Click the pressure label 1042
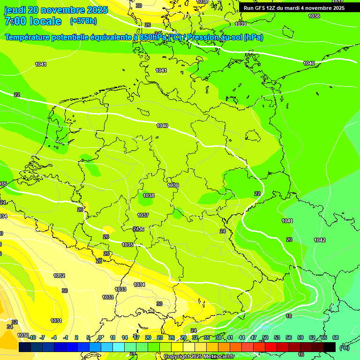[320, 240]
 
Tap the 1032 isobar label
[59, 276]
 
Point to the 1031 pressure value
[56, 321]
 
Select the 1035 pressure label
[127, 245]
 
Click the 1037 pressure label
[143, 215]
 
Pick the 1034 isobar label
[139, 285]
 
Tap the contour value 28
[99, 261]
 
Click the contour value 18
[289, 316]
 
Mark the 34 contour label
[9, 327]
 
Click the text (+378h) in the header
[83, 21]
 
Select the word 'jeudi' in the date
[15, 10]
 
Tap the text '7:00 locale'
[33, 21]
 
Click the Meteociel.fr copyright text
[198, 357]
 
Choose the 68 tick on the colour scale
[335, 337]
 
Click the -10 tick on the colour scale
[31, 337]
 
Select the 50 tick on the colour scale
[265, 337]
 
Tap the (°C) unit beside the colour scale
[344, 348]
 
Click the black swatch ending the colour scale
[330, 347]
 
